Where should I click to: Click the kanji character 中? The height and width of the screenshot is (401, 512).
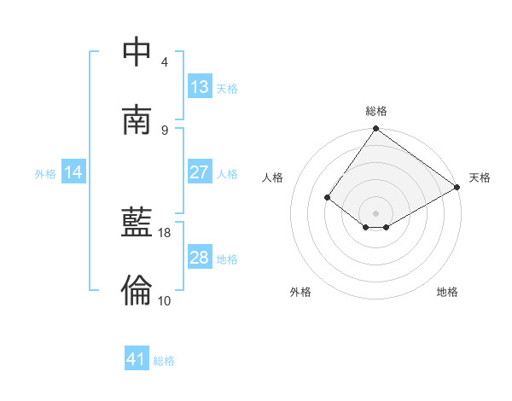tap(137, 52)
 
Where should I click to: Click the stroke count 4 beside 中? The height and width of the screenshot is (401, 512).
tap(165, 62)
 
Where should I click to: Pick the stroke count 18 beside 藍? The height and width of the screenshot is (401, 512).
tap(165, 232)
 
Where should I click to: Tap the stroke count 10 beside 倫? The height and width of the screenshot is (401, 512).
tap(165, 300)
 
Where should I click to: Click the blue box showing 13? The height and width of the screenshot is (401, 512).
tap(200, 87)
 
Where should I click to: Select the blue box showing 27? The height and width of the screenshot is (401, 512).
tap(200, 172)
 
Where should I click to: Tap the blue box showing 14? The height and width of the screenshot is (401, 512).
tap(73, 172)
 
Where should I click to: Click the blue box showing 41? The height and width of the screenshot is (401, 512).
tap(137, 359)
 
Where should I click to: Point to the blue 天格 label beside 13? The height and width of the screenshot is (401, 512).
tap(226, 89)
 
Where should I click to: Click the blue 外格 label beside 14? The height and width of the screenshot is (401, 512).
tap(45, 174)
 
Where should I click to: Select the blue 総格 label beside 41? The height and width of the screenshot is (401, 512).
tap(164, 361)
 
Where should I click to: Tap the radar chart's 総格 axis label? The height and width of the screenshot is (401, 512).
tap(376, 111)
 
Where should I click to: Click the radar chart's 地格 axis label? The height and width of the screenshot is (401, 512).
tap(447, 292)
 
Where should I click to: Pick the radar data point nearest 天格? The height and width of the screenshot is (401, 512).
tap(457, 188)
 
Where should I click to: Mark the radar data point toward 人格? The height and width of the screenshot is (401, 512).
tap(327, 197)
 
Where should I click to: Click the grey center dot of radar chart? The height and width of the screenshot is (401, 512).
tap(376, 212)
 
